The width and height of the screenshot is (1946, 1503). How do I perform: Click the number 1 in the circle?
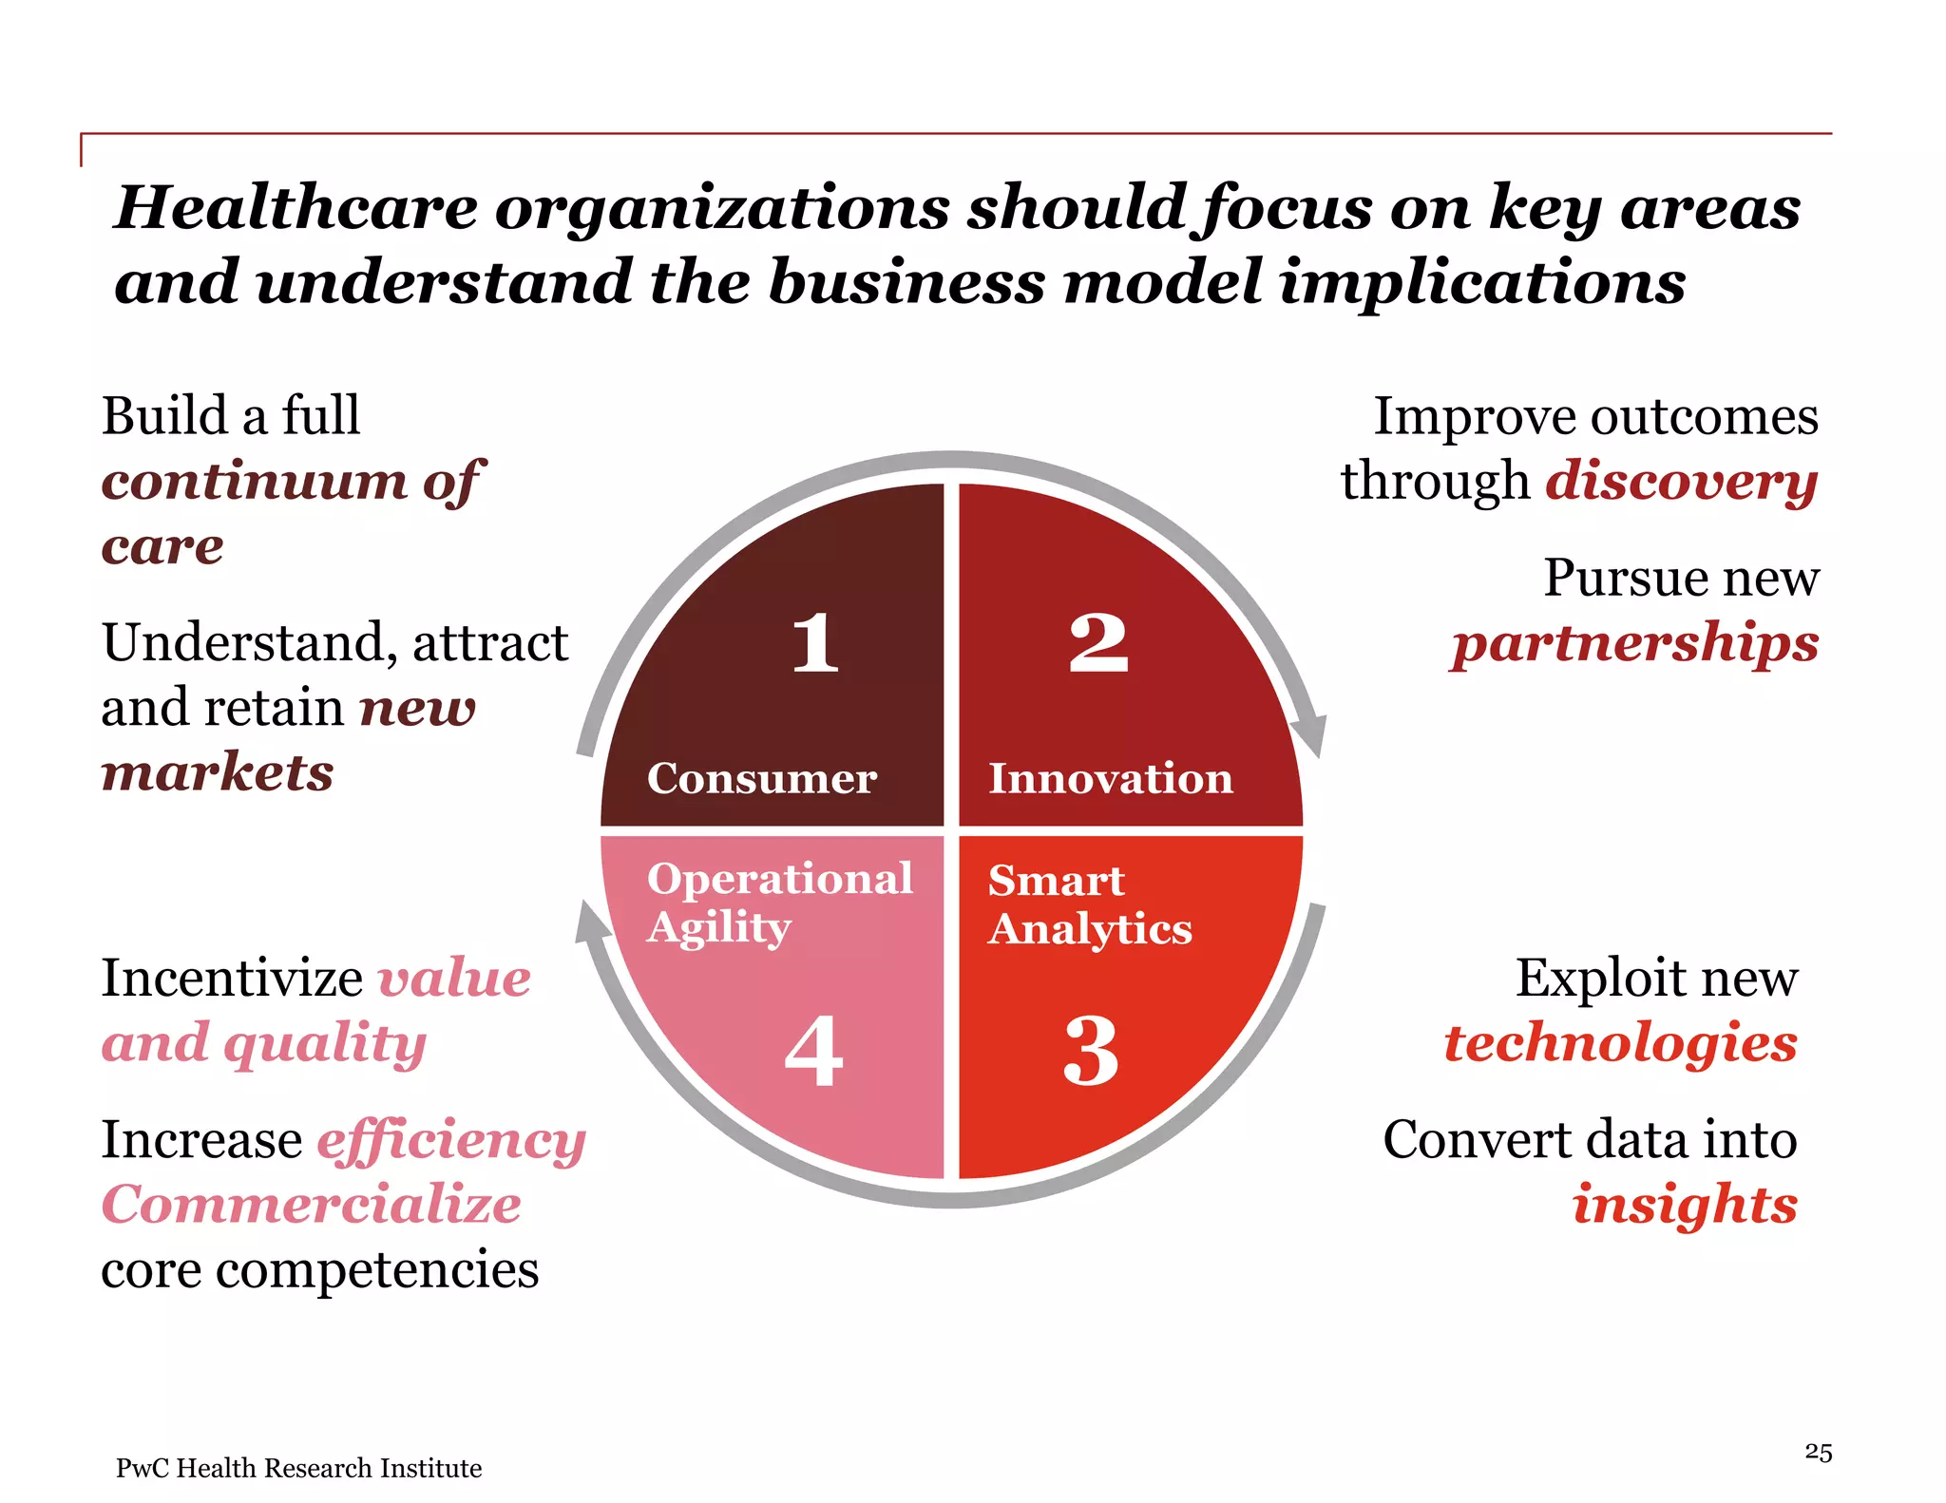click(x=815, y=643)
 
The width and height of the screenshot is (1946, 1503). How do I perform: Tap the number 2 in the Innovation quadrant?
click(x=1098, y=643)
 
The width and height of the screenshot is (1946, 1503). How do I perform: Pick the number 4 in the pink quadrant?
click(x=814, y=1051)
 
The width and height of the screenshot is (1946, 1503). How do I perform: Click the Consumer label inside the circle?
click(x=761, y=778)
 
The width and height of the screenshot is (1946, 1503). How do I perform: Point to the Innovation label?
click(x=1111, y=778)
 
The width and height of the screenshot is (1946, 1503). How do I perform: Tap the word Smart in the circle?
click(x=1056, y=880)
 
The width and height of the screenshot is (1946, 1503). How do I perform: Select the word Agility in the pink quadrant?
click(x=718, y=928)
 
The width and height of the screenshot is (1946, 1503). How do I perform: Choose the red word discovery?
click(x=1681, y=481)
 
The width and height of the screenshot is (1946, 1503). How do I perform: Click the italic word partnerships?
click(x=1634, y=643)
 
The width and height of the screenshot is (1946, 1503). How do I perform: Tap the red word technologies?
click(x=1620, y=1043)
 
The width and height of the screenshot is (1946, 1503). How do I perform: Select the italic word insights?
click(x=1685, y=1205)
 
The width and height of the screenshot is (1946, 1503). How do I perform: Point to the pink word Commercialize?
click(x=311, y=1205)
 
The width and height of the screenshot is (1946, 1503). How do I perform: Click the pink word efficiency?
click(x=450, y=1141)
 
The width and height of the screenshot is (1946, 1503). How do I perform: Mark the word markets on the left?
click(x=218, y=771)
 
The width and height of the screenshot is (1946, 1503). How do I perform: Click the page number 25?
click(x=1818, y=1452)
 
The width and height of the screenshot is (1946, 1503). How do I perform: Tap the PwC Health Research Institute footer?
click(x=298, y=1468)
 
